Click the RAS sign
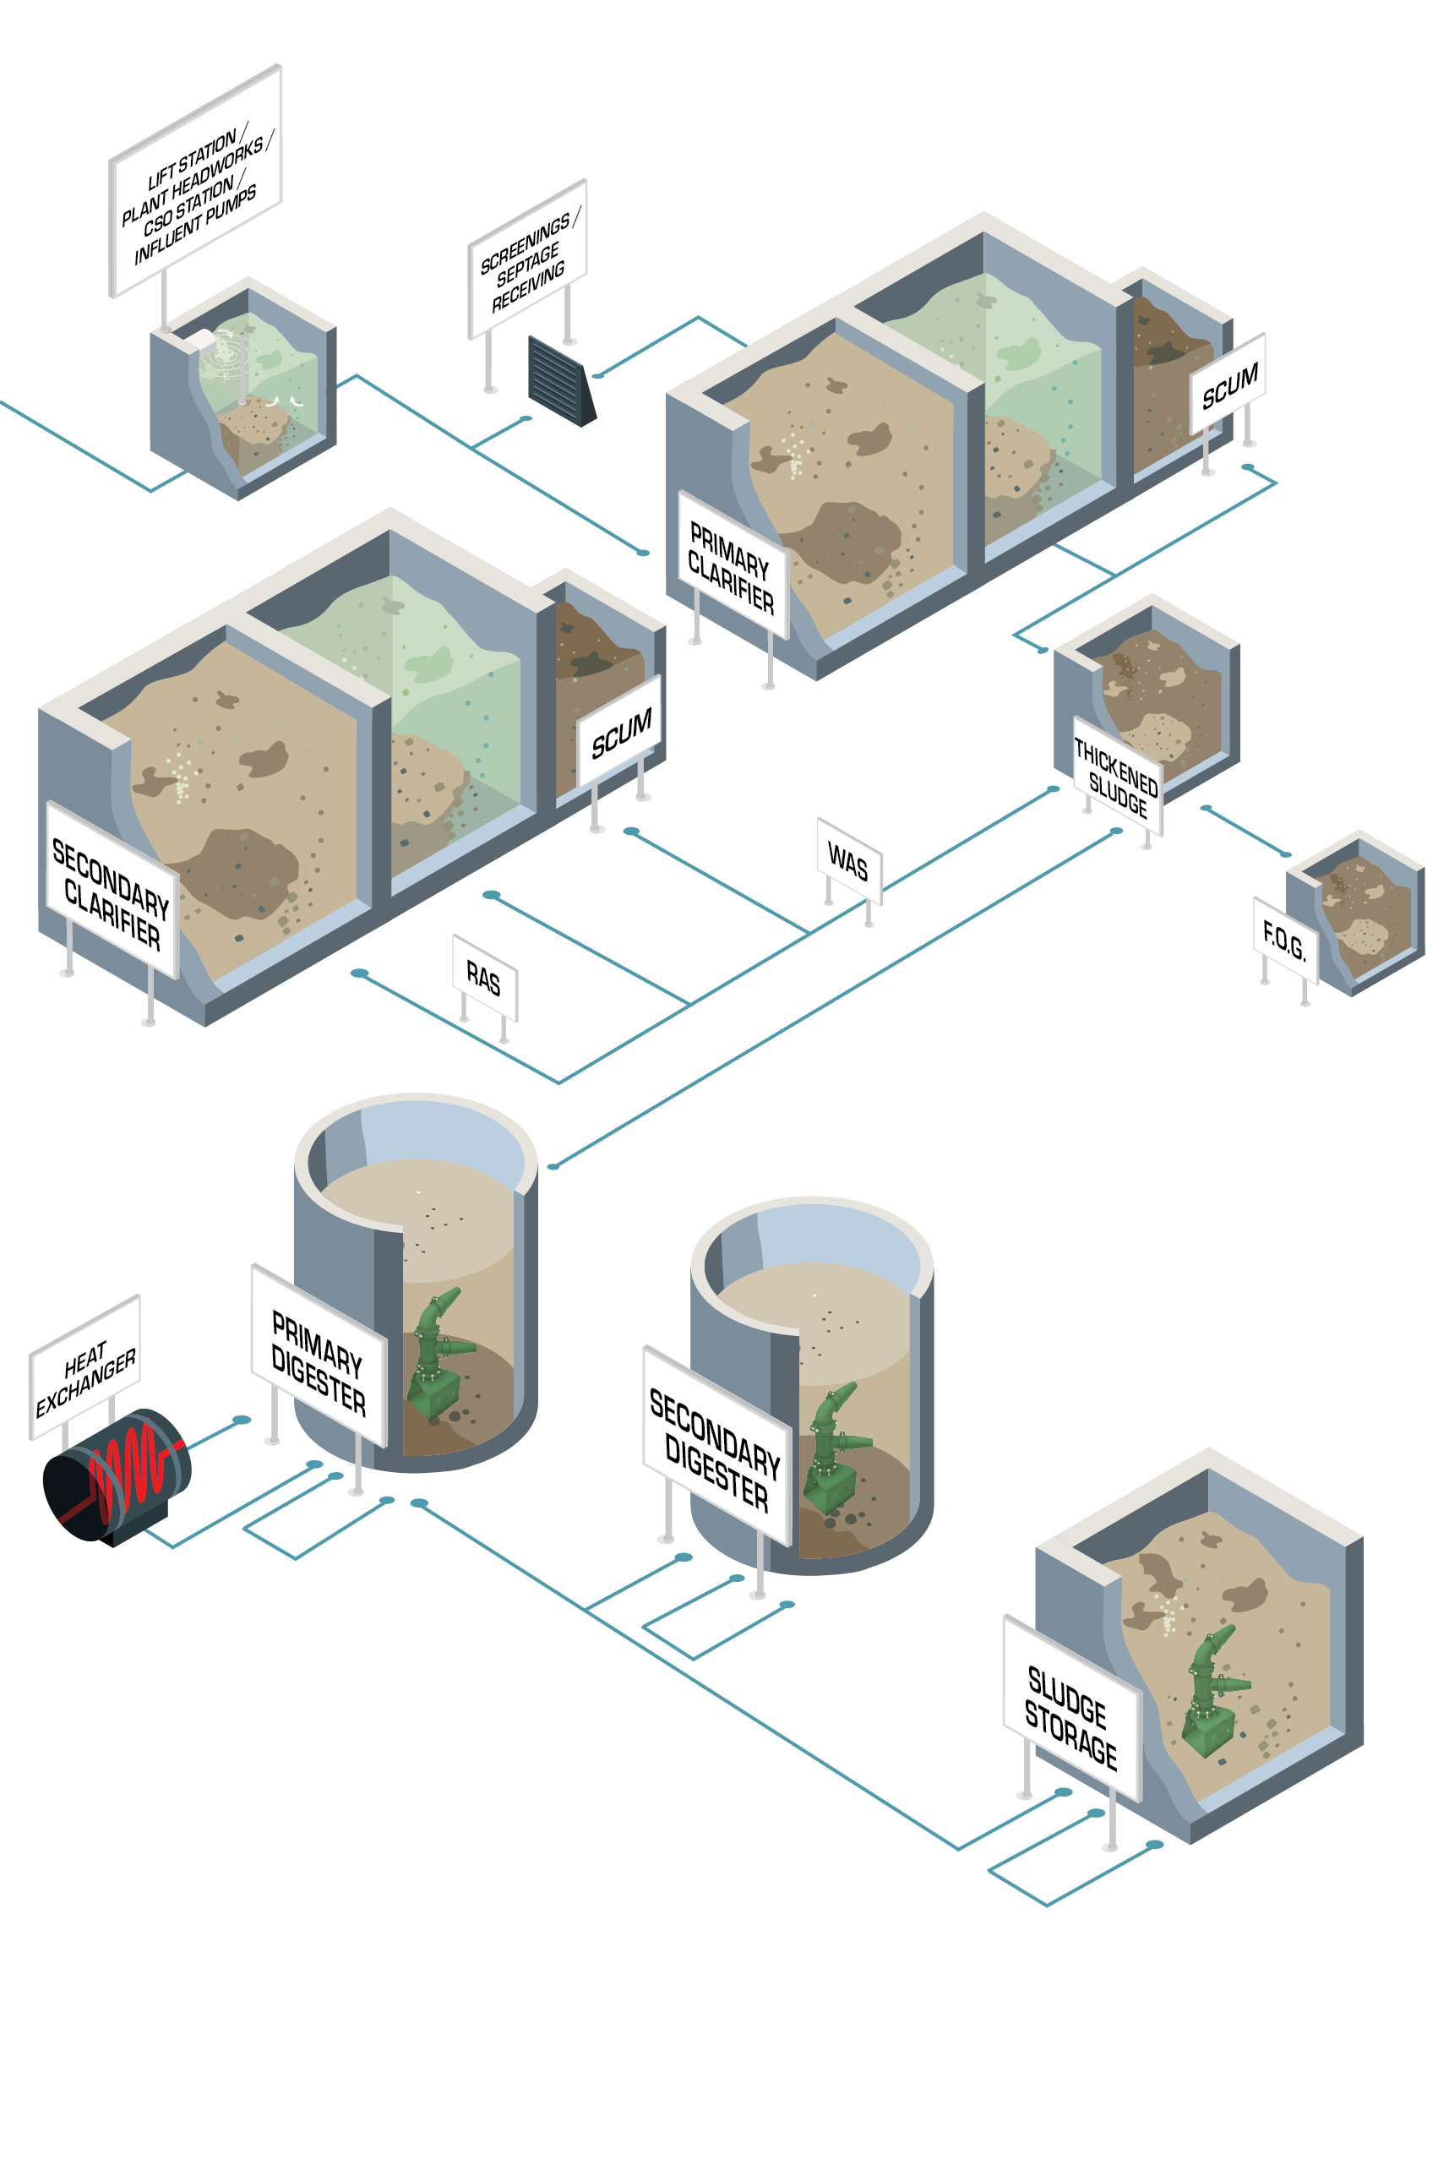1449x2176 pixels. pos(484,978)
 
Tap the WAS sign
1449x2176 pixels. pos(848,861)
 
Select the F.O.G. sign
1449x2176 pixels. pos(1283,940)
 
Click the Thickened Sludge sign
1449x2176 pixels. pos(1116,775)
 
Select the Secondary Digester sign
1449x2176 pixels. pos(716,1447)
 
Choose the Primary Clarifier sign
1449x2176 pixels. pos(732,565)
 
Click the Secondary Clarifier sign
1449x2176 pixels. pos(112,892)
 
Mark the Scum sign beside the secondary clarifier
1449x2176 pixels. pos(620,731)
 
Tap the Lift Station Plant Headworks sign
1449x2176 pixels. pos(195,182)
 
